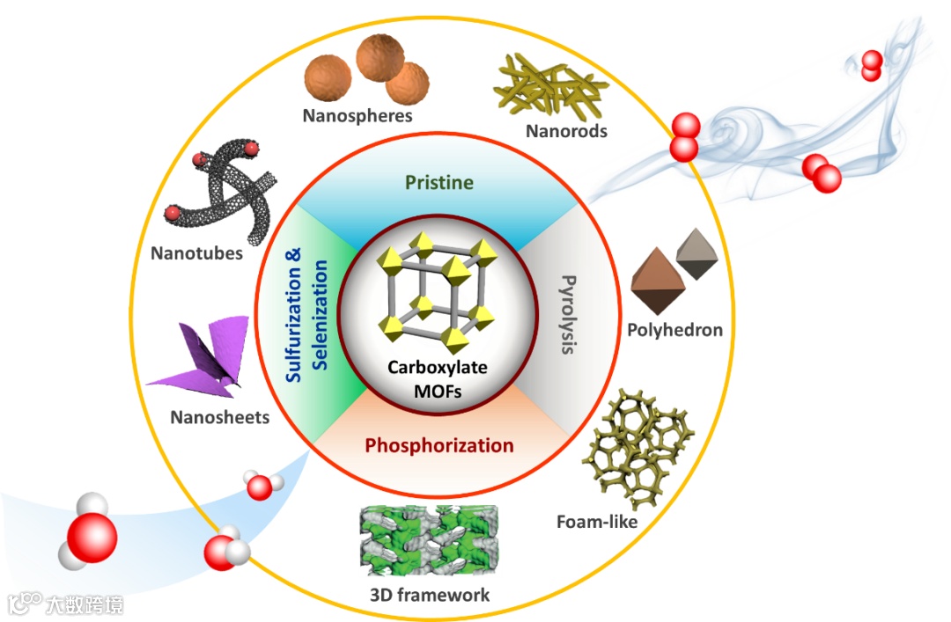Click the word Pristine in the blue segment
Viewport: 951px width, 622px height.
pyautogui.click(x=439, y=183)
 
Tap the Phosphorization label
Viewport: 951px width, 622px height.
pyautogui.click(x=439, y=445)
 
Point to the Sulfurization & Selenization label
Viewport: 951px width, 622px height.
pyautogui.click(x=307, y=313)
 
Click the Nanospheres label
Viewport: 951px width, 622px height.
pyautogui.click(x=358, y=115)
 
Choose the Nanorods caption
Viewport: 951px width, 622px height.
pyautogui.click(x=566, y=131)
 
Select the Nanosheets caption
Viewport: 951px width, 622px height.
pyautogui.click(x=220, y=417)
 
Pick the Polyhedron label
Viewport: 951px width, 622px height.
pyautogui.click(x=675, y=330)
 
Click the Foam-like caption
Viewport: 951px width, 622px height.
pyautogui.click(x=597, y=522)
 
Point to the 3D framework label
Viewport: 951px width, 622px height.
pyautogui.click(x=430, y=595)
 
